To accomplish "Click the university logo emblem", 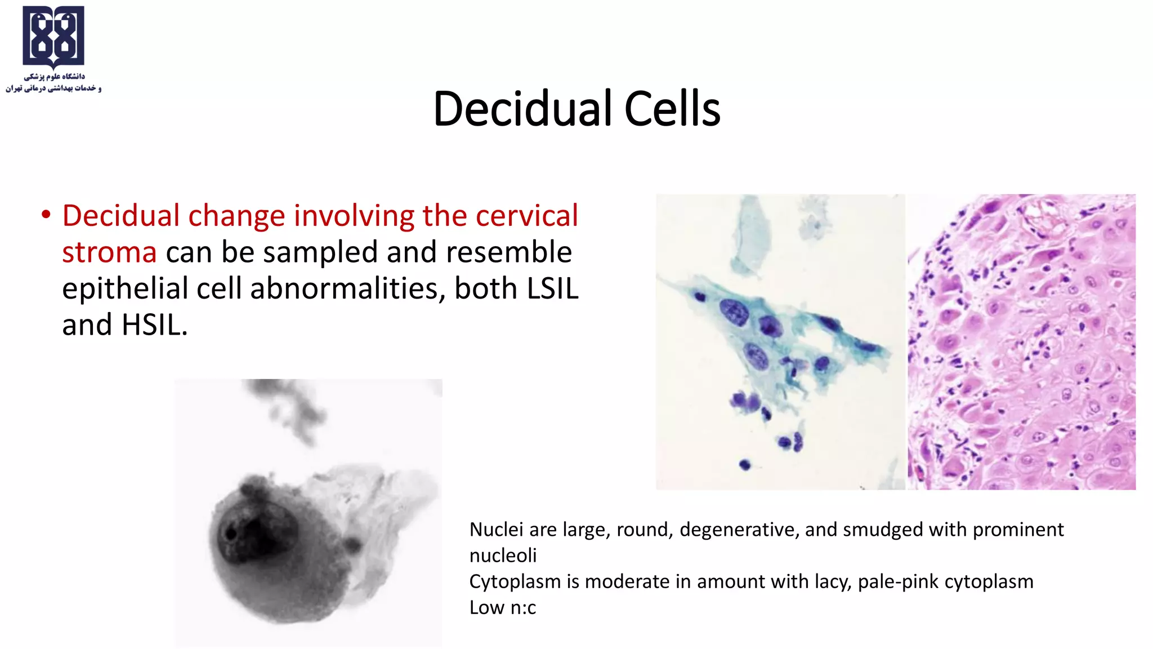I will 53,36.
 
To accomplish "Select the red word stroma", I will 109,252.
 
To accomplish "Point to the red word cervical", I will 526,216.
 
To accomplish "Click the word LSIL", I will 552,288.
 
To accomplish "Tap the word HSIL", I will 153,325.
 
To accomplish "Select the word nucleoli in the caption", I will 503,555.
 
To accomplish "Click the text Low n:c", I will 502,607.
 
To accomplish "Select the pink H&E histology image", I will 1021,342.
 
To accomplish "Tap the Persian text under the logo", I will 53,82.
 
